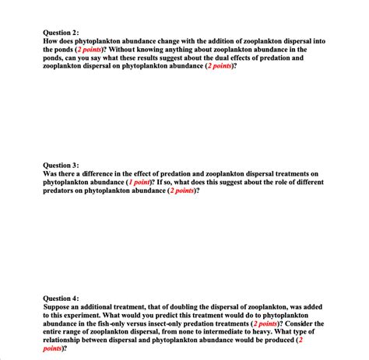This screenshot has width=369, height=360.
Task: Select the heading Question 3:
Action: pyautogui.click(x=61, y=165)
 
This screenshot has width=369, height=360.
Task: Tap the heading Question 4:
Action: pyautogui.click(x=61, y=298)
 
